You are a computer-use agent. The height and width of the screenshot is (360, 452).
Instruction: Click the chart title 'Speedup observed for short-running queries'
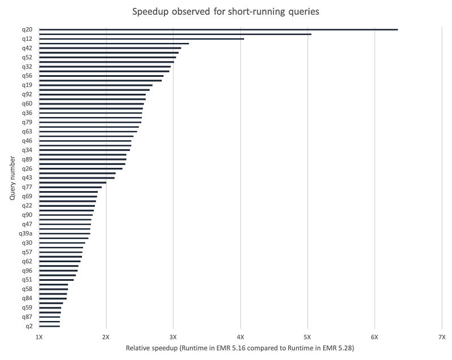(x=227, y=11)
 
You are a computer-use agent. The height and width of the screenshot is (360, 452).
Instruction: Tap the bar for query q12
(x=141, y=39)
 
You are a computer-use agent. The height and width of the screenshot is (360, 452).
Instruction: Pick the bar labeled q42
(x=110, y=48)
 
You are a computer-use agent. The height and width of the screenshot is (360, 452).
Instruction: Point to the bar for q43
(x=77, y=178)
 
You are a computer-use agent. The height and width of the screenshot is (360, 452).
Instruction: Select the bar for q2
(x=50, y=326)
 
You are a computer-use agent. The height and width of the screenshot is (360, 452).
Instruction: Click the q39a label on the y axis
(x=26, y=233)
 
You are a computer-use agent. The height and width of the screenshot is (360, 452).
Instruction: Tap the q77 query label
(x=27, y=187)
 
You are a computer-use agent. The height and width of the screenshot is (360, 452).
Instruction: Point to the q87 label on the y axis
(x=27, y=317)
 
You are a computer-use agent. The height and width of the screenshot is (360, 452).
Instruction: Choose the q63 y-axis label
(x=27, y=132)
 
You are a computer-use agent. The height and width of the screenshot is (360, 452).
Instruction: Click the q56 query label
(x=27, y=76)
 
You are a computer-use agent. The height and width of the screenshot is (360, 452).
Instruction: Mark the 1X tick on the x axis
(x=39, y=337)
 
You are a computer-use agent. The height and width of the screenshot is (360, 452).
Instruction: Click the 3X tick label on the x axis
(x=173, y=337)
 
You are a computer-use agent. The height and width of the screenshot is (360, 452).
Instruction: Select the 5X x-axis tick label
(x=307, y=337)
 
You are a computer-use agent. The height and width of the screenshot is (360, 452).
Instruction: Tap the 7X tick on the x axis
(x=442, y=337)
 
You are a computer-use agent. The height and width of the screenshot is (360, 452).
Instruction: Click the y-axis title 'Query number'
(x=12, y=178)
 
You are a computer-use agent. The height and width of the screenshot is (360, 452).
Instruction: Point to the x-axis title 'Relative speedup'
(x=240, y=348)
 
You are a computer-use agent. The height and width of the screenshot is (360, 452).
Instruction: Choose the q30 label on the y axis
(x=27, y=243)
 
